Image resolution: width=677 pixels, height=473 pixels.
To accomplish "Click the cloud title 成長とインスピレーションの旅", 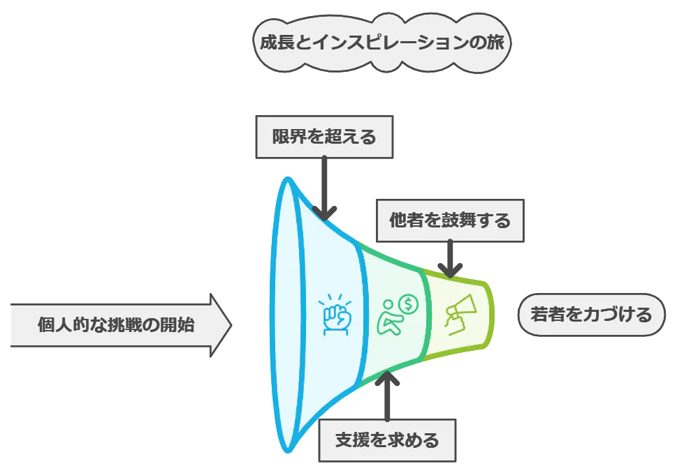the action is (381, 43).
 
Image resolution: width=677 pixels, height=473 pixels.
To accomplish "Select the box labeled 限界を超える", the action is (324, 137).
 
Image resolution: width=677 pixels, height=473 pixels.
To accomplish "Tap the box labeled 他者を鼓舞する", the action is (450, 220).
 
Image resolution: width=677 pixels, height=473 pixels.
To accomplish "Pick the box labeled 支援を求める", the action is (387, 440).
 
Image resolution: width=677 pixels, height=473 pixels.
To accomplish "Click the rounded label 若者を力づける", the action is (591, 315).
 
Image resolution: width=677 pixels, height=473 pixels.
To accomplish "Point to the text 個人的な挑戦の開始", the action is (116, 324).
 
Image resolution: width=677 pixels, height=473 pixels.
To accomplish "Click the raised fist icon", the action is (336, 315).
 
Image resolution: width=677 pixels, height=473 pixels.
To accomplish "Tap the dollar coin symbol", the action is (408, 304).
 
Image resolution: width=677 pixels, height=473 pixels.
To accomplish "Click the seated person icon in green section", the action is (390, 318).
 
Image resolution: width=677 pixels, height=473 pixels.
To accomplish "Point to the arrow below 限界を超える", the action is (324, 188).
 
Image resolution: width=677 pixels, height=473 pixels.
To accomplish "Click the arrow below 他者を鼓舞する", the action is (450, 259).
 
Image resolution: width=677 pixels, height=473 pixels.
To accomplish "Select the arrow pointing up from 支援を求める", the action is (387, 396).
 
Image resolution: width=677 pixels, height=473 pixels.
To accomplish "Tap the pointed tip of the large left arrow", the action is (232, 325).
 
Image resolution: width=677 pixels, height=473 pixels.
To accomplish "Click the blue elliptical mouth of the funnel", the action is (287, 315).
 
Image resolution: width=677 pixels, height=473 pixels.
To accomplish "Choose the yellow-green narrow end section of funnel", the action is (458, 315).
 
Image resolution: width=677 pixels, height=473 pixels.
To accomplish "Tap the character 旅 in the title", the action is (495, 43).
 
